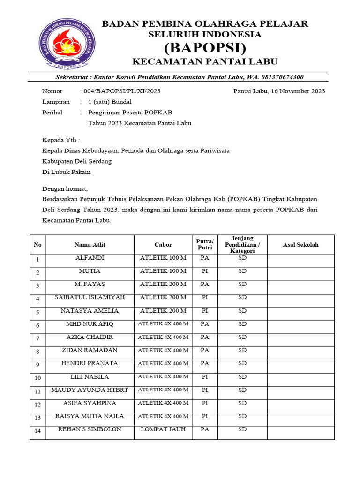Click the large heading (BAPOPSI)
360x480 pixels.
click(x=205, y=47)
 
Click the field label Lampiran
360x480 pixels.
click(x=56, y=102)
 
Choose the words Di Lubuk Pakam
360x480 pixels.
click(x=66, y=172)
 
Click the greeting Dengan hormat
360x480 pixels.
click(x=65, y=189)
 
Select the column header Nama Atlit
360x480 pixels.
click(x=90, y=245)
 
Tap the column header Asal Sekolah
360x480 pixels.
click(x=300, y=245)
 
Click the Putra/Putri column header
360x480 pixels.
click(x=204, y=244)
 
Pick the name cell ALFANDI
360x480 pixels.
click(x=90, y=258)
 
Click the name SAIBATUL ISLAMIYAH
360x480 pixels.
click(x=90, y=298)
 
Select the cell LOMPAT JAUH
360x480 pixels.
click(x=163, y=429)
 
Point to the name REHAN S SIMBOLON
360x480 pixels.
click(x=90, y=429)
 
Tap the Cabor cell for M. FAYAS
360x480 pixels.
click(x=163, y=285)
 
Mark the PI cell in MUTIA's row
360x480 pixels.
click(x=204, y=271)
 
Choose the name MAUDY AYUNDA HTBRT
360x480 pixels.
click(x=90, y=390)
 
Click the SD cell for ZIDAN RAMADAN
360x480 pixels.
click(x=242, y=350)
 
